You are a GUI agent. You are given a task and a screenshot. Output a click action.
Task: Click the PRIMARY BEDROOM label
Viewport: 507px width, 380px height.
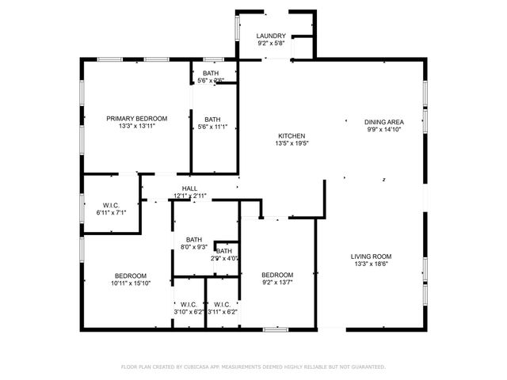(137, 119)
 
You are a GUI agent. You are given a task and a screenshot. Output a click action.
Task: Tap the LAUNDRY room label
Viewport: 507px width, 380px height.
(272, 36)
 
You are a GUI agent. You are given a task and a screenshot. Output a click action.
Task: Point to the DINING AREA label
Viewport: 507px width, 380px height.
(384, 122)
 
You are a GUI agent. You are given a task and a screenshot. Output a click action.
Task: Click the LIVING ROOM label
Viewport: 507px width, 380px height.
(372, 256)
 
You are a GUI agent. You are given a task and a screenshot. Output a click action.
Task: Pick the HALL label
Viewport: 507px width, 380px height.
(190, 188)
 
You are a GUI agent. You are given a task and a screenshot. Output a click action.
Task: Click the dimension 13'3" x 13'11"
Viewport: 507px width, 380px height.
(137, 127)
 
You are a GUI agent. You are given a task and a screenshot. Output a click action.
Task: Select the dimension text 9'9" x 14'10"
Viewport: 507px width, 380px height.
(384, 129)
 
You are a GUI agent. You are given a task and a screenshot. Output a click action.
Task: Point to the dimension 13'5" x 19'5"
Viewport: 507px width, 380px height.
(291, 143)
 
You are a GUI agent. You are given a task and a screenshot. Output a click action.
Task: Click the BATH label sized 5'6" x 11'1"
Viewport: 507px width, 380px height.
(212, 120)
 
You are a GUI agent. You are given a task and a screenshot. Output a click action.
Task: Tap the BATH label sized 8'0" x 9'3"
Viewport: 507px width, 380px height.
(194, 240)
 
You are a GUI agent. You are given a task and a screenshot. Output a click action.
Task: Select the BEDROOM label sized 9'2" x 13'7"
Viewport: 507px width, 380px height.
(278, 275)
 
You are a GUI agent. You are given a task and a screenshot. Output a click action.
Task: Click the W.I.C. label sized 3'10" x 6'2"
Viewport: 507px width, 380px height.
(189, 304)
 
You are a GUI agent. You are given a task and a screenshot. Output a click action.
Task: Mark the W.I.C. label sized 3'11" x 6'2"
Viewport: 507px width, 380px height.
(222, 304)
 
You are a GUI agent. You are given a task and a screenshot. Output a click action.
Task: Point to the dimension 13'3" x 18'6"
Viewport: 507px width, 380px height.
(372, 264)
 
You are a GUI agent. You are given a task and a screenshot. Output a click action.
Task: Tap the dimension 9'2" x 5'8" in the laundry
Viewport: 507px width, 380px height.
(272, 44)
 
